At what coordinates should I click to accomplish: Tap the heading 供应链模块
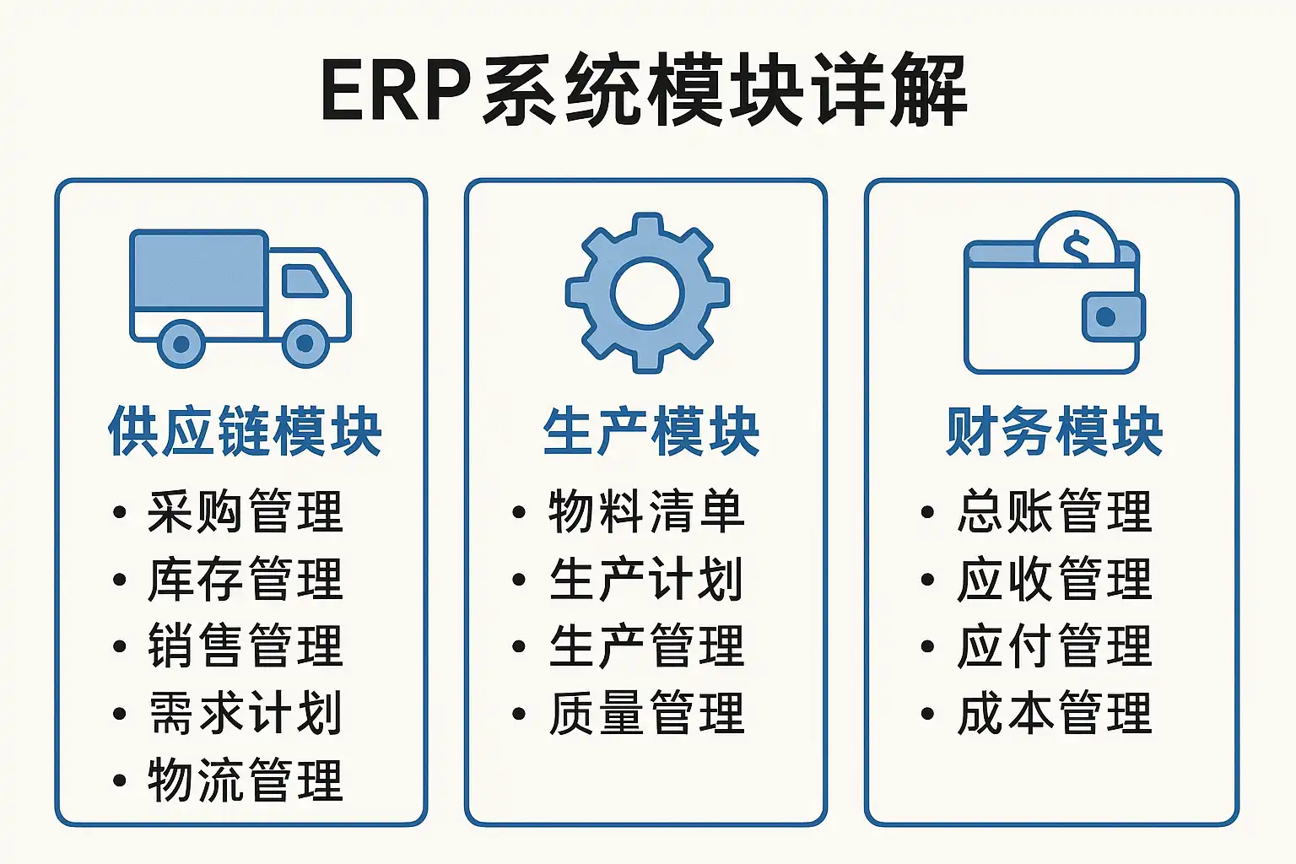(x=245, y=432)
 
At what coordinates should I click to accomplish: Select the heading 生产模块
(x=651, y=432)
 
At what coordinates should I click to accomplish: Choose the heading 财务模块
(x=1054, y=432)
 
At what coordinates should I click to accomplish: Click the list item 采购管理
(x=246, y=511)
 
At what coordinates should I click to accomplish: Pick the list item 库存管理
(x=246, y=580)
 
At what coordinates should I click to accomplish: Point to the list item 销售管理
(x=246, y=645)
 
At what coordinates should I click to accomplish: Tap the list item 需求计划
(x=246, y=713)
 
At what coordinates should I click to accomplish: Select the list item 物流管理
(x=246, y=780)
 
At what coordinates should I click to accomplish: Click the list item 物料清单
(x=646, y=511)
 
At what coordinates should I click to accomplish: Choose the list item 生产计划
(x=646, y=580)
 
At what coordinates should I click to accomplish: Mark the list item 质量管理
(x=646, y=713)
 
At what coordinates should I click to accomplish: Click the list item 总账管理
(x=1054, y=511)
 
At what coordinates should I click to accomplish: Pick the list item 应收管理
(x=1054, y=580)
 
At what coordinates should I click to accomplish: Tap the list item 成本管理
(x=1054, y=713)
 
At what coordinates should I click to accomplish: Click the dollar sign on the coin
(x=1076, y=248)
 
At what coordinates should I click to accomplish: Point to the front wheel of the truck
(x=305, y=343)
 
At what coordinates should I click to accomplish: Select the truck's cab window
(x=305, y=281)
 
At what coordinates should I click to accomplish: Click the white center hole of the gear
(x=647, y=293)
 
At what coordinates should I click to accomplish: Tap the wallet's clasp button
(x=1105, y=316)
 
